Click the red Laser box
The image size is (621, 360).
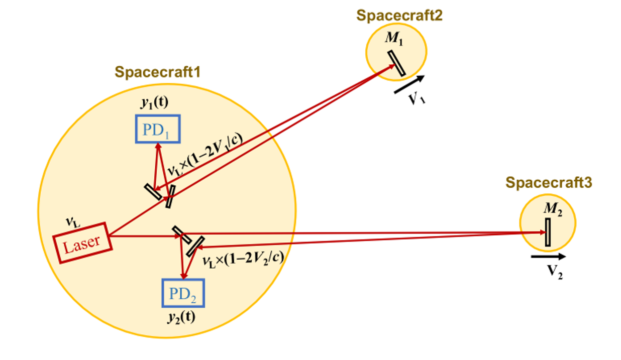pyautogui.click(x=82, y=243)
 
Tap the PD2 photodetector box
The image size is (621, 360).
pyautogui.click(x=183, y=293)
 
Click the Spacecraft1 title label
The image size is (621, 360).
pyautogui.click(x=158, y=72)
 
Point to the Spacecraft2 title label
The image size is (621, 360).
pyautogui.click(x=399, y=16)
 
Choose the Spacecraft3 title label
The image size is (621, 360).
pyautogui.click(x=549, y=182)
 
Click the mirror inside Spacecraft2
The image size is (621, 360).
pyautogui.click(x=397, y=63)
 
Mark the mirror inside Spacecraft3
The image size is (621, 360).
pyautogui.click(x=548, y=232)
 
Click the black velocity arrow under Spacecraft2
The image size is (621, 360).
pyautogui.click(x=409, y=84)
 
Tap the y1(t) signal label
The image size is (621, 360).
pyautogui.click(x=154, y=104)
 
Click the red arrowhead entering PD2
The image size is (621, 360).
pyautogui.click(x=184, y=276)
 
